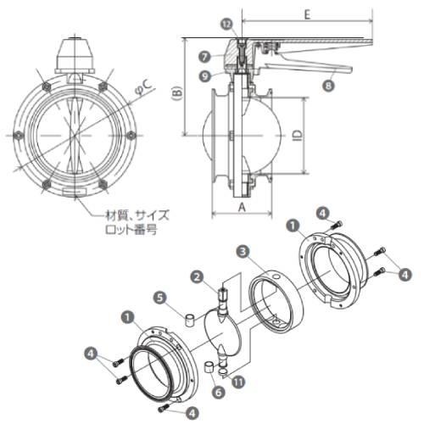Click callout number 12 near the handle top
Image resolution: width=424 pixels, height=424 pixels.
227,25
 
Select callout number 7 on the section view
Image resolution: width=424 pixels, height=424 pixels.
204,57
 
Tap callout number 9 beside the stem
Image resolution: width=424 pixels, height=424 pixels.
205,76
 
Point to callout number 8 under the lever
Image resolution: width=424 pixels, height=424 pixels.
328,85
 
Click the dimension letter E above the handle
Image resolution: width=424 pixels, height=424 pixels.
308,14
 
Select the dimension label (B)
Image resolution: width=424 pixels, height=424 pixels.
178,93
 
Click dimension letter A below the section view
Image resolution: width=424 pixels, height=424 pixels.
242,208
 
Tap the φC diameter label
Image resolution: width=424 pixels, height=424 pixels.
144,88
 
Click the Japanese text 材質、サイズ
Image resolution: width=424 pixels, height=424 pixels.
137,215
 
